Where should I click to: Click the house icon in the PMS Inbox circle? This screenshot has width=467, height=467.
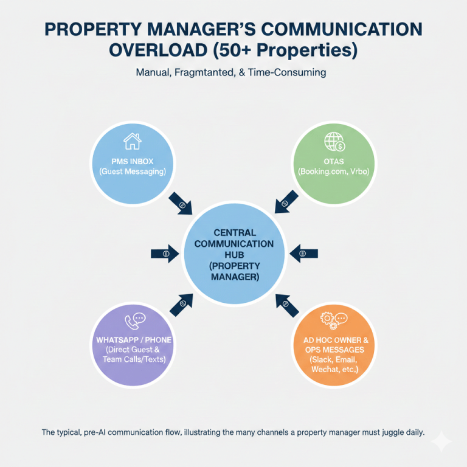pos(132,142)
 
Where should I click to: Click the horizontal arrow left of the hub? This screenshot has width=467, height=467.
pos(165,253)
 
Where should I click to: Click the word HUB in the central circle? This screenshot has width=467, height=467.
pos(235,255)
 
